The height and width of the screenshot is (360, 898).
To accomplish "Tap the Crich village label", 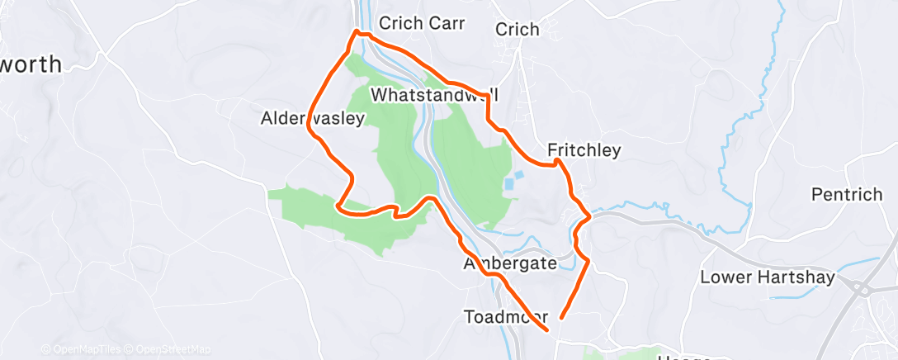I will [518, 30].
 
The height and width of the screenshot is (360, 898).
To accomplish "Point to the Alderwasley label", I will [312, 119].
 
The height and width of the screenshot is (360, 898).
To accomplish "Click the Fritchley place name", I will [584, 150].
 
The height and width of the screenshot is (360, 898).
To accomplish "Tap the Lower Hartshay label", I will [768, 277].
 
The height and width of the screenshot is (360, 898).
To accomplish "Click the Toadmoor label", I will [506, 316].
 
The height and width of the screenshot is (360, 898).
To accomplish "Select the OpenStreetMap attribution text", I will [174, 349].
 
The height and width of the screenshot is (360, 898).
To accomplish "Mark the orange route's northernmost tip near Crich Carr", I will [357, 31].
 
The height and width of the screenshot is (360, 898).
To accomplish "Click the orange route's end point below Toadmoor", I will [547, 330].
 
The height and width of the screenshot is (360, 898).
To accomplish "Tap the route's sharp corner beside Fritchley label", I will [558, 162].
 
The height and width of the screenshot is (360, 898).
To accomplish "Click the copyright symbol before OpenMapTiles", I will [45, 349].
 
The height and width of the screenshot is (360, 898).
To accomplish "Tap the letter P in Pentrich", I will [817, 194].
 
